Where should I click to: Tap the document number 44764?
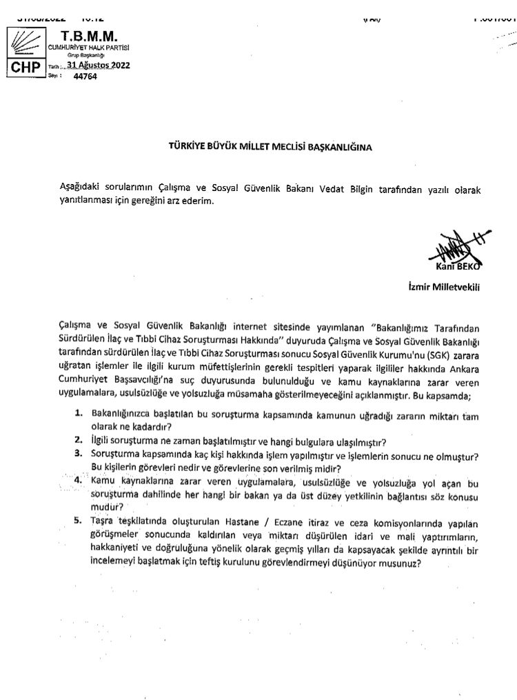point(85,77)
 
